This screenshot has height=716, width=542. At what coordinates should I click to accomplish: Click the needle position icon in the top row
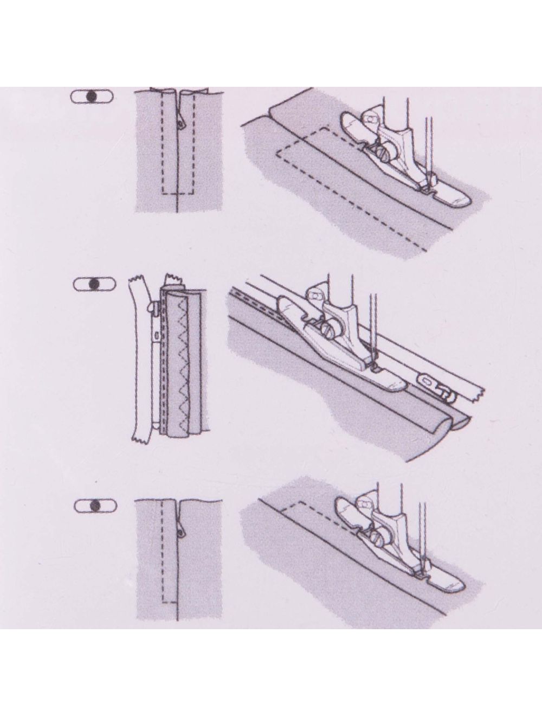point(91,95)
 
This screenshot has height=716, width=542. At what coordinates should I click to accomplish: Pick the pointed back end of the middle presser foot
point(283,299)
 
